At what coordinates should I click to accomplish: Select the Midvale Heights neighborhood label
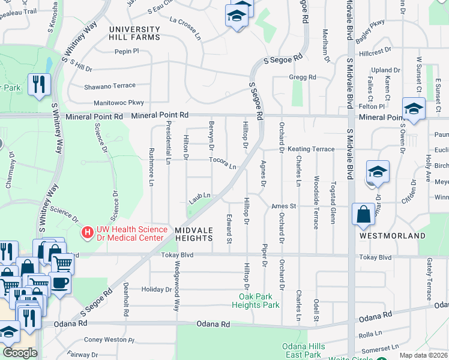(x=194, y=234)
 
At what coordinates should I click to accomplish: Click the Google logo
(x=20, y=353)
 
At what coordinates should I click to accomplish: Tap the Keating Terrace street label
(x=311, y=149)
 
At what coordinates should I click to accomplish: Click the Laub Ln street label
(x=200, y=196)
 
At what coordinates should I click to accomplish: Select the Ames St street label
(x=284, y=206)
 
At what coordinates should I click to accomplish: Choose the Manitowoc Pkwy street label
(x=119, y=103)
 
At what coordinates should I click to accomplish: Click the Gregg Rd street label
(x=303, y=77)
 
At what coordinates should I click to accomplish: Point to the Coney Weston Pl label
(x=109, y=340)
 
